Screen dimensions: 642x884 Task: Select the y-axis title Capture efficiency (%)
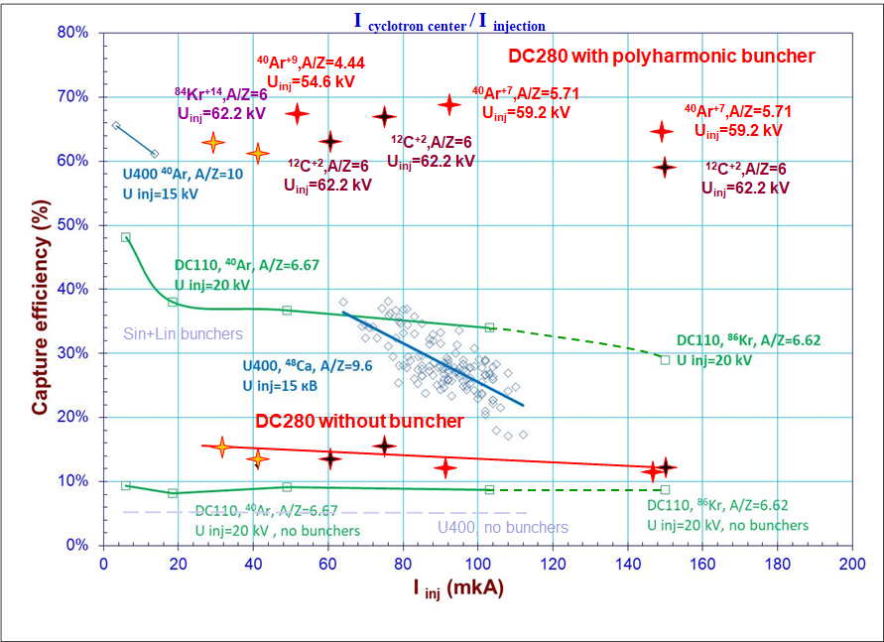pyautogui.click(x=41, y=289)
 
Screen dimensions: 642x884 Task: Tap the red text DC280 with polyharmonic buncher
pyautogui.click(x=662, y=56)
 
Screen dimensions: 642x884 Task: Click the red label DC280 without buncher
pyautogui.click(x=359, y=422)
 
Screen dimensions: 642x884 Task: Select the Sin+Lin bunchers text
pyautogui.click(x=183, y=333)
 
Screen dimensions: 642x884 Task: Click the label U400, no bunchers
pyautogui.click(x=503, y=528)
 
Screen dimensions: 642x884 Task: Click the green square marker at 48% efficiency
pyautogui.click(x=126, y=237)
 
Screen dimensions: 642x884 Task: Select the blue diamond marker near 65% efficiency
pyautogui.click(x=116, y=126)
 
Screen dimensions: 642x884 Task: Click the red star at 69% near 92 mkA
pyautogui.click(x=448, y=104)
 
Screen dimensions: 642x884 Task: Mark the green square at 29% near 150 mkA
pyautogui.click(x=665, y=359)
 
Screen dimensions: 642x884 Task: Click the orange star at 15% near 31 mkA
pyautogui.click(x=221, y=448)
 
